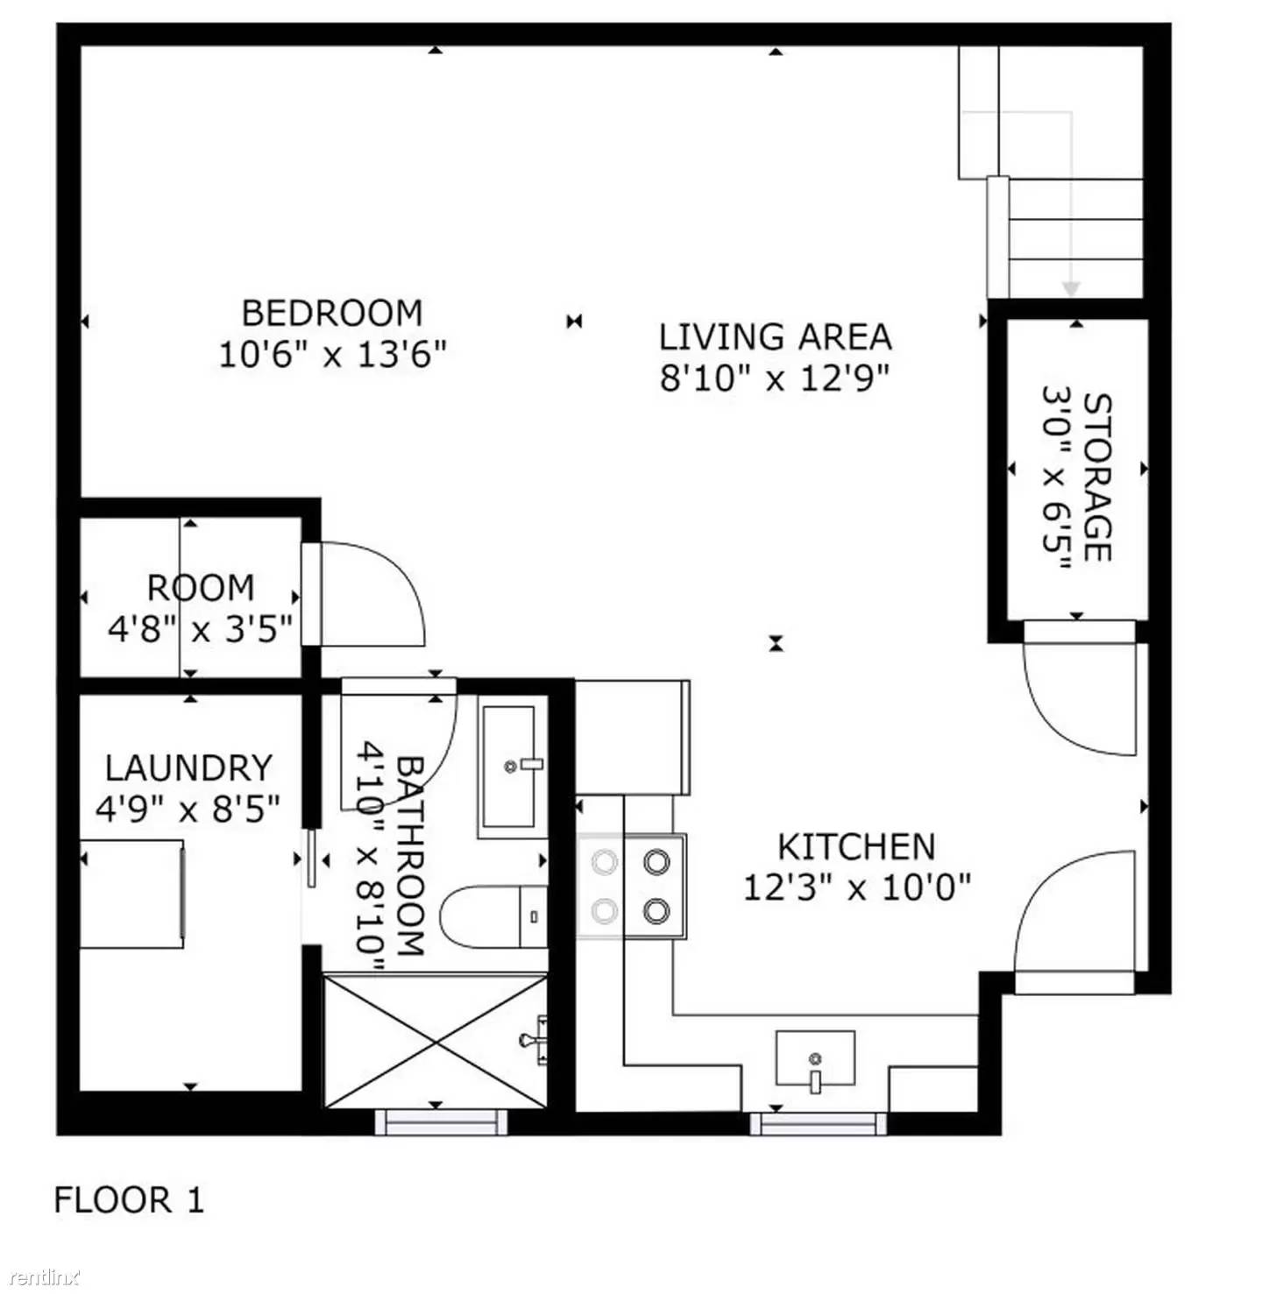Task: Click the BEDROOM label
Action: point(331,313)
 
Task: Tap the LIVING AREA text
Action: point(775,336)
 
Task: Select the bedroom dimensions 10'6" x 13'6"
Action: point(332,355)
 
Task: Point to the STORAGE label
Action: point(1097,477)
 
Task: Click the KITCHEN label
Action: point(856,846)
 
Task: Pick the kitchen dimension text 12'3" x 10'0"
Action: point(856,887)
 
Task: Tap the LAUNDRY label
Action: point(188,767)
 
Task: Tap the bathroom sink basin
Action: point(508,767)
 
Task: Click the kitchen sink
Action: point(815,1057)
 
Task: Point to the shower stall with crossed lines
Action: point(435,1040)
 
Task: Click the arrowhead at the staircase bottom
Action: point(1070,288)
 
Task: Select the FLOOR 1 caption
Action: point(129,1199)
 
